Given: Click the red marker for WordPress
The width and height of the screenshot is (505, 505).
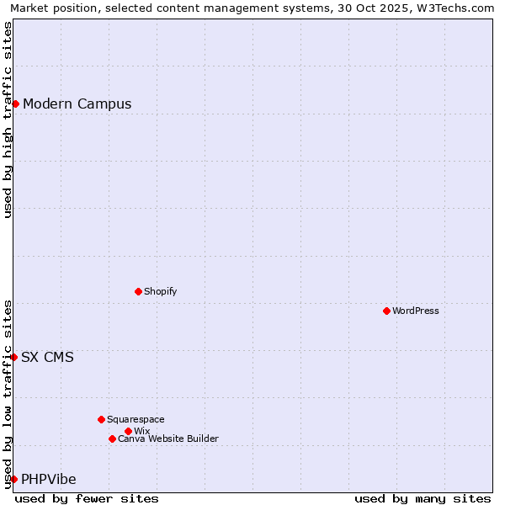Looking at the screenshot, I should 386,311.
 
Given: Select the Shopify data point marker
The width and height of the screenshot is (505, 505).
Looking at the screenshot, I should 138,291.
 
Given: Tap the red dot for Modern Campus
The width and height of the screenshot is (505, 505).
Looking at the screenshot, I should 15,104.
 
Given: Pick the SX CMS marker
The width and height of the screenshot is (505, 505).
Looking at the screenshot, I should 13,357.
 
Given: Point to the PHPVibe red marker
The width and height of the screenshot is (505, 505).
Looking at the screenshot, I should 13,479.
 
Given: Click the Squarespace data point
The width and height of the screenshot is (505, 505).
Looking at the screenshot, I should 101,419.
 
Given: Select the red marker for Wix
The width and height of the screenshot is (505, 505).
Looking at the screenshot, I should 128,431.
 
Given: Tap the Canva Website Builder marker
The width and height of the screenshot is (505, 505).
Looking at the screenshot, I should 112,439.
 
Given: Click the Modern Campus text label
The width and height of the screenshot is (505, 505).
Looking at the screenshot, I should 77,104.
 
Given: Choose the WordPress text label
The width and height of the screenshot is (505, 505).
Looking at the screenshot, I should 416,311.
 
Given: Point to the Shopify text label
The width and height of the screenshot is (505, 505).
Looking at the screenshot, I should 161,291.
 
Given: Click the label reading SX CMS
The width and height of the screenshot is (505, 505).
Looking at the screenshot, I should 47,357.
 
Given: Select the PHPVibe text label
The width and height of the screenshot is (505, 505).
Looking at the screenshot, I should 49,480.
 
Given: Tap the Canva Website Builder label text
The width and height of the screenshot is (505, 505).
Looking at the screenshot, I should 168,439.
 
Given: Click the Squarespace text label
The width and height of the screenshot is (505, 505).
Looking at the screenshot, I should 136,419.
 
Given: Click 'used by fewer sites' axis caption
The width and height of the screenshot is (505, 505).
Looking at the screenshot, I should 87,498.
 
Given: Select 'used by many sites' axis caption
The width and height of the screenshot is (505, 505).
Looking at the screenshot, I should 423,498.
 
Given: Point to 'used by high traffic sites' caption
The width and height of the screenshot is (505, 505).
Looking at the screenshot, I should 8,120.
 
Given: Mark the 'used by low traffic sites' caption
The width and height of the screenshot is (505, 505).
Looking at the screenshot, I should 8,394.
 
